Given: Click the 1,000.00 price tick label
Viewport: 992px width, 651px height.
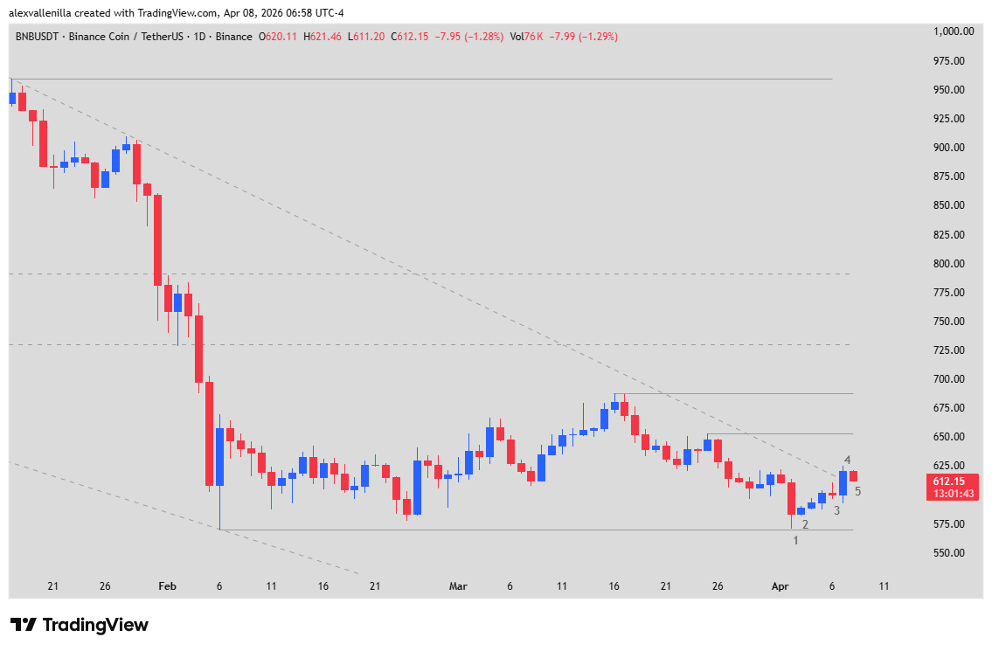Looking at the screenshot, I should [x=954, y=31].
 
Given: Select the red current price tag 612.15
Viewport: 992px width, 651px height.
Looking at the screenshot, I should [x=954, y=481].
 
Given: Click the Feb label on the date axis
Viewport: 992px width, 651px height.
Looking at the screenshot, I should [x=168, y=586].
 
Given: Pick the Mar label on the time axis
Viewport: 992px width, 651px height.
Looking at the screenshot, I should [x=458, y=586].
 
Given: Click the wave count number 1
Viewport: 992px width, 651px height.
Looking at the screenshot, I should [x=795, y=541].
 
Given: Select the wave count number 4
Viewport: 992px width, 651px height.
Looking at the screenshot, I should [x=847, y=461].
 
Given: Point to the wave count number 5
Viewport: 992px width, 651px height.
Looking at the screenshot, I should [x=858, y=491].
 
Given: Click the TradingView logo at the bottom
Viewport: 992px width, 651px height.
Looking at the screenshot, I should [x=80, y=625].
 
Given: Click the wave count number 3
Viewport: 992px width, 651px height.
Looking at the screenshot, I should [x=836, y=510].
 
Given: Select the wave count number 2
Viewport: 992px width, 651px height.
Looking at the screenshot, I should [x=805, y=524].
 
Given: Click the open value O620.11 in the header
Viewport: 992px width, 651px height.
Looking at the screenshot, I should [x=279, y=37].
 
